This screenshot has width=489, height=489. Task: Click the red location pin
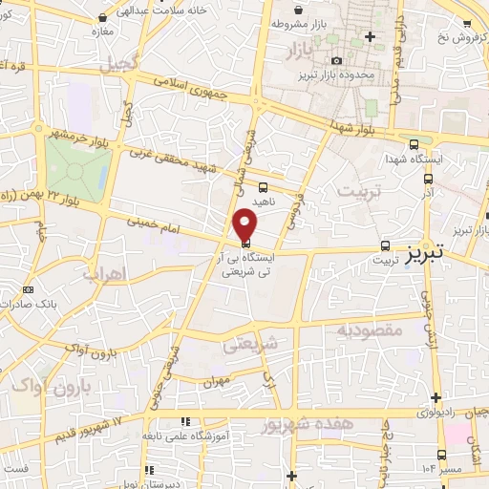point(245,225)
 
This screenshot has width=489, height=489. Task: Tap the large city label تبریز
point(436,256)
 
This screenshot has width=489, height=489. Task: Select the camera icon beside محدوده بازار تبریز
point(336,60)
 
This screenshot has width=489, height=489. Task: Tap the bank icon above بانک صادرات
point(28,289)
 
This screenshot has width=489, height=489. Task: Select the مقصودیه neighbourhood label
point(369,330)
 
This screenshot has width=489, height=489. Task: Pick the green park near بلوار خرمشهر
point(76,164)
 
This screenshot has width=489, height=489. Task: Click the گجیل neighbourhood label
point(122,64)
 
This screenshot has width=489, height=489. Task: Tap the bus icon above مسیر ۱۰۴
point(441,455)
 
